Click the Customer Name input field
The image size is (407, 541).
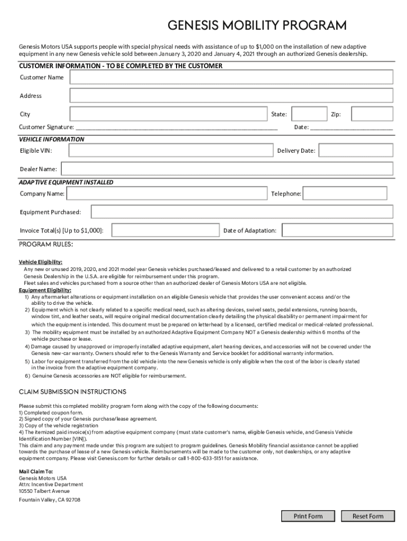(x=232, y=78)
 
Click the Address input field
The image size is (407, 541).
(x=232, y=96)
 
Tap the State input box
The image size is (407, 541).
(x=309, y=114)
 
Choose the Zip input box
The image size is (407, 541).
(x=372, y=114)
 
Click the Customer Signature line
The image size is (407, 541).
(x=177, y=128)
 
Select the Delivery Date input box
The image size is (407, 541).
(x=356, y=151)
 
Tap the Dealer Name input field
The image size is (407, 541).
(x=227, y=169)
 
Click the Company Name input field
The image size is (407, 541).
(x=168, y=194)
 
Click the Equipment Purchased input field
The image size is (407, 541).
(x=242, y=212)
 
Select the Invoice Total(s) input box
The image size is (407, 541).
(x=165, y=230)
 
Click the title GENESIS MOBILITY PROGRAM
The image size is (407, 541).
(x=257, y=26)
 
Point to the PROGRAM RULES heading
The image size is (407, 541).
(x=46, y=245)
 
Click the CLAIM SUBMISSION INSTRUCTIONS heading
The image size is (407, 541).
(x=72, y=392)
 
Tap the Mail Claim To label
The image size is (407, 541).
(x=36, y=471)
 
